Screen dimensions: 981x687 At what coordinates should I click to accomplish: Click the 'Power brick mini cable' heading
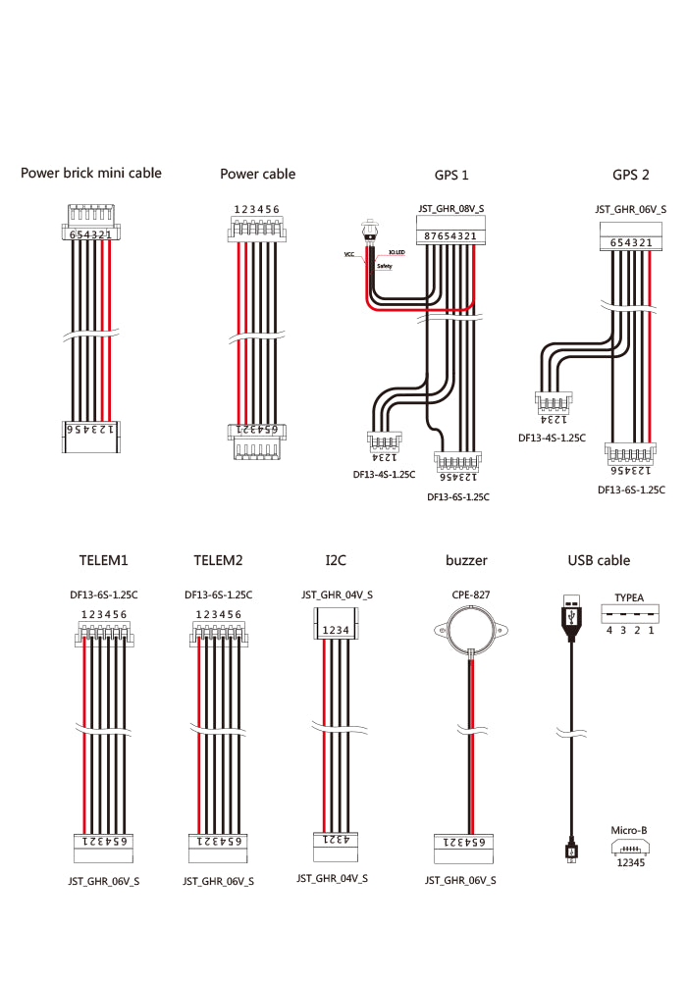click(x=91, y=173)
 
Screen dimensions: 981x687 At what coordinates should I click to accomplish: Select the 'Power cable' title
click(x=257, y=174)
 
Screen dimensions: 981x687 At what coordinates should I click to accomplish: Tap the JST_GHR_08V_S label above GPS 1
click(x=450, y=209)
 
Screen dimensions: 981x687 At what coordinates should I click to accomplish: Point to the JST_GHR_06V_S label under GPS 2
click(x=630, y=209)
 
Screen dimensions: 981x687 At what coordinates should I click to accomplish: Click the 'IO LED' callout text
click(x=396, y=252)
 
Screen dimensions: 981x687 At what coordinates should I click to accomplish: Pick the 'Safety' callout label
click(x=384, y=266)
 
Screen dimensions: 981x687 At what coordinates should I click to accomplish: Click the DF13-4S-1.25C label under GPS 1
click(x=384, y=475)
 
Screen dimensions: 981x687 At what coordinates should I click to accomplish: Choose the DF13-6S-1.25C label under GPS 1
click(x=458, y=497)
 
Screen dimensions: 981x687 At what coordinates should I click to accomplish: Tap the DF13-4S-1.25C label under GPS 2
click(x=552, y=438)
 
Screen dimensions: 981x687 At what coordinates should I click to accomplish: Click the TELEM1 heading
click(x=104, y=560)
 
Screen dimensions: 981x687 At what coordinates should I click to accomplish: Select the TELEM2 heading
click(x=218, y=560)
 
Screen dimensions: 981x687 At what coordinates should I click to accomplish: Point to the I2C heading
click(x=336, y=560)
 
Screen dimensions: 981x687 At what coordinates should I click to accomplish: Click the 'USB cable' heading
click(x=599, y=560)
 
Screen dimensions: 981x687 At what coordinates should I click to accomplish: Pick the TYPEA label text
click(x=629, y=596)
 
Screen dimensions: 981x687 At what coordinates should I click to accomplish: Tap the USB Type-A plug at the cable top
click(x=570, y=611)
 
